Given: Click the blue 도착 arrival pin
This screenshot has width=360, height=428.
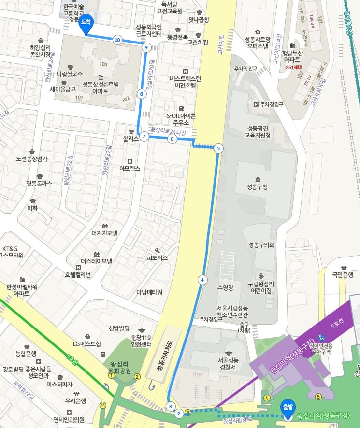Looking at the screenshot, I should point(86,24).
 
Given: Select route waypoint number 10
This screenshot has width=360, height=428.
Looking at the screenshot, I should point(117,40).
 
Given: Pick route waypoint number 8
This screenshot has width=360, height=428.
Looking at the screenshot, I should point(141,94).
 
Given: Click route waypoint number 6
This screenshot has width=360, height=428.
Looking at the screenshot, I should point(171,139).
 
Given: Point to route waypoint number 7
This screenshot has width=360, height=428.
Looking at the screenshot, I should point(144,137).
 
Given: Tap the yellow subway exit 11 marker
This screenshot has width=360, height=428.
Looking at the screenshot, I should point(102,405).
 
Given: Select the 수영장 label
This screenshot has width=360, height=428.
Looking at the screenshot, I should point(226,288).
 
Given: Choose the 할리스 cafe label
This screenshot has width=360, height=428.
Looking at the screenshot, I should point(131,137).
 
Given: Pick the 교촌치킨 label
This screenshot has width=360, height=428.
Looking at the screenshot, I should point(198,42).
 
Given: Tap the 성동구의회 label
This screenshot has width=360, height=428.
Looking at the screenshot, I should point(261,245).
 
